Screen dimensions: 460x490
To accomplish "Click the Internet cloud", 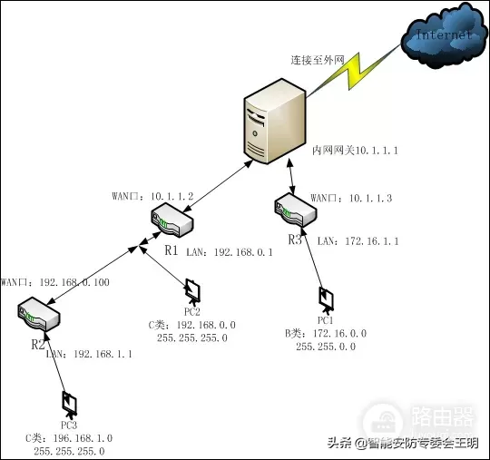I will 443,37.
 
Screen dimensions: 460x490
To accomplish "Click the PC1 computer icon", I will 326,299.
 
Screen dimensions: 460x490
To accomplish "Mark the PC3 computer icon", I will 68,402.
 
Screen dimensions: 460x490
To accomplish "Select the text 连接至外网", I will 318,60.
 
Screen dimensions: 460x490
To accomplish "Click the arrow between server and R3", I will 289,177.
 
